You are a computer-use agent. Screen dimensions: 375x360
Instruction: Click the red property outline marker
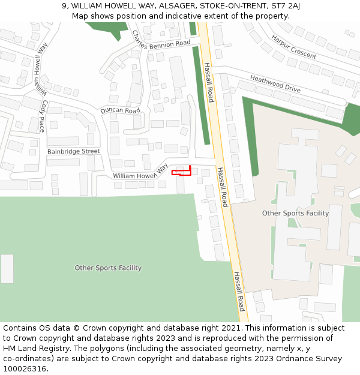181,172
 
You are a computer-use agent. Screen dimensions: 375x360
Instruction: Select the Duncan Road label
120,110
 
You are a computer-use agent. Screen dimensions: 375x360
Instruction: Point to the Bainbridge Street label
74,152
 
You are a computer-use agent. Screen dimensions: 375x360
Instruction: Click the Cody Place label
42,116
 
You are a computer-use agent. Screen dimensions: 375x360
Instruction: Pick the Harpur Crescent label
293,46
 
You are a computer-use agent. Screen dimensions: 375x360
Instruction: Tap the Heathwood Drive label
275,83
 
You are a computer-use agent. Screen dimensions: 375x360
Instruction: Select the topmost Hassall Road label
208,83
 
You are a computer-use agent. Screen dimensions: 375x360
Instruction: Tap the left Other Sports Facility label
108,268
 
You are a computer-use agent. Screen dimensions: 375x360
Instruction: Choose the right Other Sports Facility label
295,213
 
